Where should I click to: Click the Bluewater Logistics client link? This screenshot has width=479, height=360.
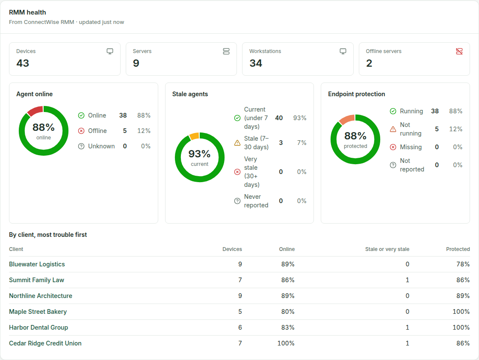tap(37, 264)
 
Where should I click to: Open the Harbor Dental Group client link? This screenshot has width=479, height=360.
tap(38, 328)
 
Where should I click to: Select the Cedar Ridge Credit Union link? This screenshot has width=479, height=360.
tap(45, 343)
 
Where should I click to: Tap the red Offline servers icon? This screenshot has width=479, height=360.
tap(459, 51)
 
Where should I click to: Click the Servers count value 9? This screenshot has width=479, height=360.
tap(136, 63)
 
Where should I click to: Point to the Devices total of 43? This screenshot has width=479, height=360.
tap(23, 63)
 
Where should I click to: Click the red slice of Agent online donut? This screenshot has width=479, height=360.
tap(35, 111)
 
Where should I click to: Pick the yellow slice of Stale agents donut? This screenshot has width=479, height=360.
tap(194, 136)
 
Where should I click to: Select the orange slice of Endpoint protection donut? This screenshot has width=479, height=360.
tap(347, 119)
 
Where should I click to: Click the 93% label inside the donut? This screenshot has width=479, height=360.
tap(199, 153)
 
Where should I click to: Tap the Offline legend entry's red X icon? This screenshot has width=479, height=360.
tap(81, 131)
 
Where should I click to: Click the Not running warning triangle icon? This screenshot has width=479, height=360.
tap(393, 129)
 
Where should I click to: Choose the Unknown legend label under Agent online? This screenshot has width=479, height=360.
tap(101, 146)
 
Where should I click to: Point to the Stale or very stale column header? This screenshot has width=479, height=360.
tap(387, 249)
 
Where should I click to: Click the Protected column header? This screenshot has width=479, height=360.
tap(458, 249)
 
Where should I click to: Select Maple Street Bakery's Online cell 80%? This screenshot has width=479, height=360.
tap(288, 311)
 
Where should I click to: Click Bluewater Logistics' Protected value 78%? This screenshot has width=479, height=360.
tap(463, 264)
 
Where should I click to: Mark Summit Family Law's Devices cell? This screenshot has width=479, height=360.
tap(240, 280)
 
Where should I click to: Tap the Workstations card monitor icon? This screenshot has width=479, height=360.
tap(343, 51)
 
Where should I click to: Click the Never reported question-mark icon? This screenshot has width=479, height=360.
tap(237, 201)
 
